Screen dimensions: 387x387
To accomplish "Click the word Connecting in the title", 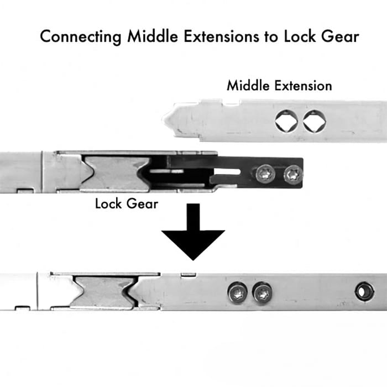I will [81, 37].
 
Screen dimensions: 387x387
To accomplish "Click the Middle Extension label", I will [279, 86].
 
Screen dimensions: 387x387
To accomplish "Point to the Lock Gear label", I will [127, 203].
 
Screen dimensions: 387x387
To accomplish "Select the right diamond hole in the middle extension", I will [314, 122].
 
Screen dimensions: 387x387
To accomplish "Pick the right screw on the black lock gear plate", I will [292, 175].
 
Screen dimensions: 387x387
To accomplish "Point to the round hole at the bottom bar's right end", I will [364, 291].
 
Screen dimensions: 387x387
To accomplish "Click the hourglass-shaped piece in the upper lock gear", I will [117, 172].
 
